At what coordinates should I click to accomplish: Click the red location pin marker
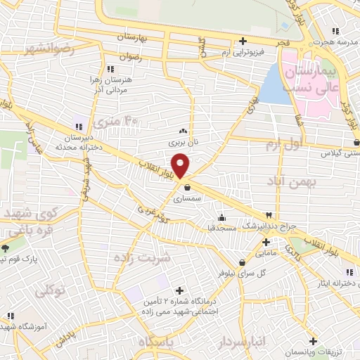pyautogui.click(x=181, y=165)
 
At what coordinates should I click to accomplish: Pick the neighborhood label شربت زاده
pyautogui.click(x=142, y=257)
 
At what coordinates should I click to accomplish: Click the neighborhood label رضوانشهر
pyautogui.click(x=48, y=49)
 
